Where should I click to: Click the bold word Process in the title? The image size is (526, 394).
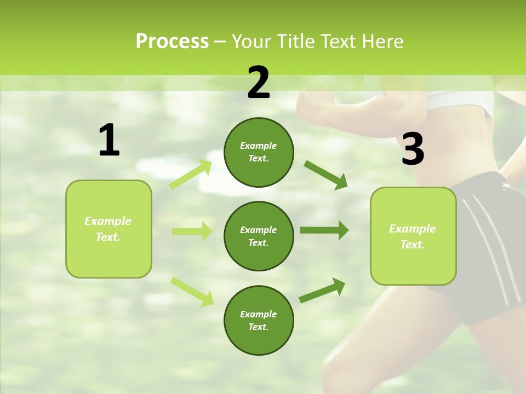172,41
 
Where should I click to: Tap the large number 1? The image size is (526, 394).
109,141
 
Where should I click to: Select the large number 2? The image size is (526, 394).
259,83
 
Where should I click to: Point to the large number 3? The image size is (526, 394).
413,149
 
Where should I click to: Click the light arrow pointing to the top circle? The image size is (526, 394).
190,175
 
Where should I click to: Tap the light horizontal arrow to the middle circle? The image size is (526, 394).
192,231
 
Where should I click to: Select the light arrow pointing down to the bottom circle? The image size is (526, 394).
192,291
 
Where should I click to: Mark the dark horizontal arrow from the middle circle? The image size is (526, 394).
324,230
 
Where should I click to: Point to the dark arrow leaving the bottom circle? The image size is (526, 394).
322,290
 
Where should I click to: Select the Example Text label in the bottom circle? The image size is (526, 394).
259,320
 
